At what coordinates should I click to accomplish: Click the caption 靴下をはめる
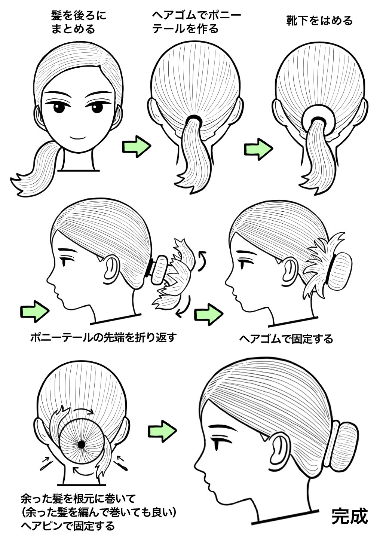(319, 21)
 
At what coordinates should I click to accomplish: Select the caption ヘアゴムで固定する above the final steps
(286, 339)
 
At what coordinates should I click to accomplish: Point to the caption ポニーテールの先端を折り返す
(103, 337)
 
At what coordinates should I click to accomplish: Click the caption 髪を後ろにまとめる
(79, 22)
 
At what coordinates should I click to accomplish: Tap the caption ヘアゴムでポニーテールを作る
(196, 22)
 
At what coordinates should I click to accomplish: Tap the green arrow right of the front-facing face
(137, 147)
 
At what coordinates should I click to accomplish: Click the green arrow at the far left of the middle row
(35, 312)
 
